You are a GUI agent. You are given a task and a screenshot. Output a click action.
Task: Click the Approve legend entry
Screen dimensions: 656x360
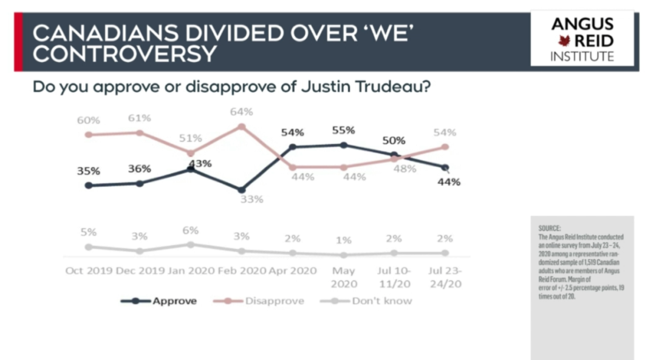tap(159, 301)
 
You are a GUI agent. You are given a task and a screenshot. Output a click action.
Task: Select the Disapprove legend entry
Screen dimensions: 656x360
tap(259, 301)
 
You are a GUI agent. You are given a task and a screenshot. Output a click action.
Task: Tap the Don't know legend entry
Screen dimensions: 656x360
tap(366, 301)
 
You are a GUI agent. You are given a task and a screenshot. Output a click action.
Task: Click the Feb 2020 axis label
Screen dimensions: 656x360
tap(242, 271)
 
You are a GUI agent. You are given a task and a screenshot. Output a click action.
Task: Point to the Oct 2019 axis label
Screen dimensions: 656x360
tap(89, 271)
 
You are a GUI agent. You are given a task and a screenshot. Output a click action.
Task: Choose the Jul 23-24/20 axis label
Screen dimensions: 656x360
tap(445, 277)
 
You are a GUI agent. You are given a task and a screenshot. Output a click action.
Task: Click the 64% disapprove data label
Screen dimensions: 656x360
tap(241, 112)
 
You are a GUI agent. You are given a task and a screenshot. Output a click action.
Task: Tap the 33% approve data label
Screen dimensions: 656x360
tap(252, 200)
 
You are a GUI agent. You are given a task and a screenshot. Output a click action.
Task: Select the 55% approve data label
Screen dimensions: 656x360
tap(343, 131)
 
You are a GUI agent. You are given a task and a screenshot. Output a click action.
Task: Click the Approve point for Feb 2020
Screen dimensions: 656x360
tap(241, 190)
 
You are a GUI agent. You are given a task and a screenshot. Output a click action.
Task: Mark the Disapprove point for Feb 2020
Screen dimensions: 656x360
tap(241, 126)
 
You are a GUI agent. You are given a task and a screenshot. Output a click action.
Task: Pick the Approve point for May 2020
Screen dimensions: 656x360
tap(343, 145)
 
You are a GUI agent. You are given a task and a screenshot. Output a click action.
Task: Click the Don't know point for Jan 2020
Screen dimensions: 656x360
tap(190, 245)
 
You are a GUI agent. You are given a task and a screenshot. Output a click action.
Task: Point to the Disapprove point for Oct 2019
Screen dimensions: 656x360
tap(88, 135)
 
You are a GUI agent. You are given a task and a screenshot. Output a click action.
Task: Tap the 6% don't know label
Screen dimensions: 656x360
tap(190, 230)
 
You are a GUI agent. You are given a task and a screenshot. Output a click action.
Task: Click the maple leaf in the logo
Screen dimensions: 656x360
tap(564, 41)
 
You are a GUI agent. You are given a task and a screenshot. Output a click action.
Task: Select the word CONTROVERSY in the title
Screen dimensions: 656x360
tap(125, 54)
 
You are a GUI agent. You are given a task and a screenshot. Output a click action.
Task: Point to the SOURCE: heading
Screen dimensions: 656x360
tap(549, 228)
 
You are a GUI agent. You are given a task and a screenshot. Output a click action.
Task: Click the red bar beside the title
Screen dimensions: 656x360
tap(18, 42)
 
